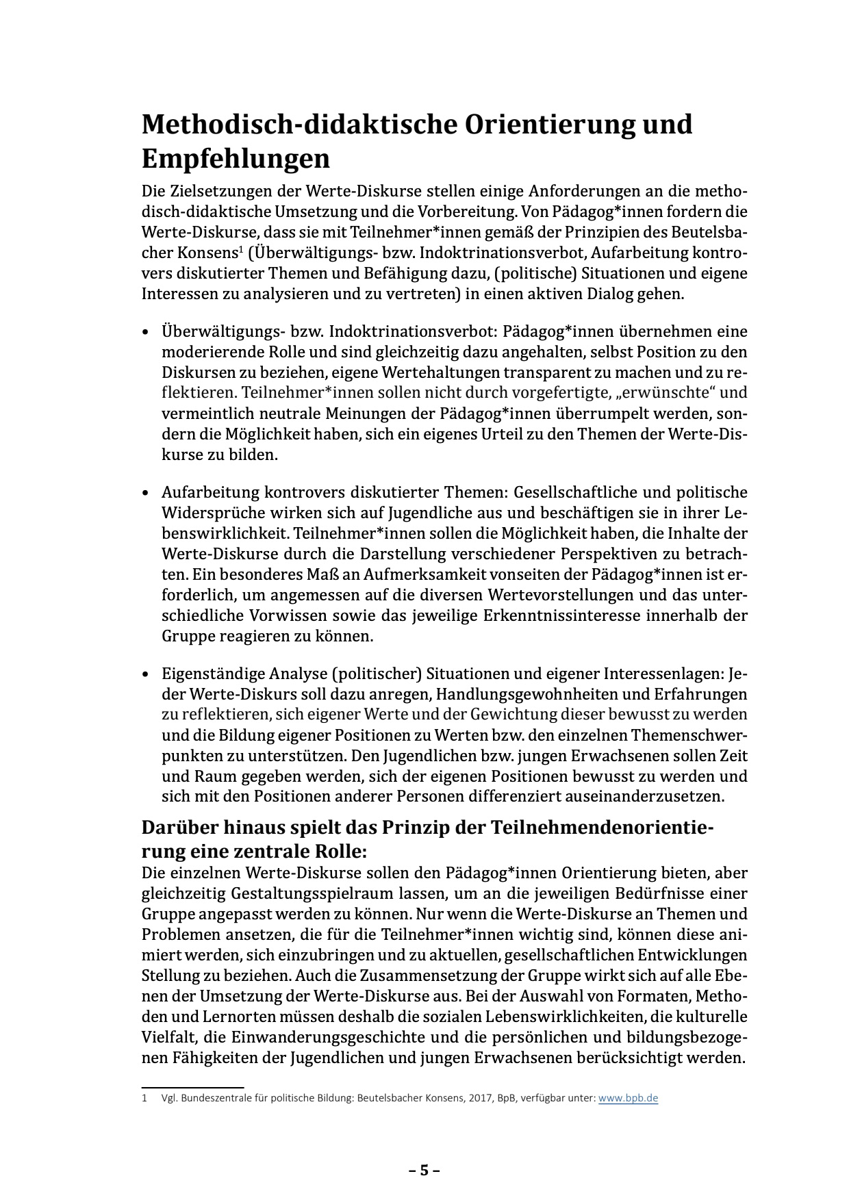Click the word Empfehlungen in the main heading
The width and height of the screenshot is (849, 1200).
click(236, 159)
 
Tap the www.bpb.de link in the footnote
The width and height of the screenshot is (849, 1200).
click(628, 1098)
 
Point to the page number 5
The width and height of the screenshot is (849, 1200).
click(424, 1170)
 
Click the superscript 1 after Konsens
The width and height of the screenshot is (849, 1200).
click(240, 249)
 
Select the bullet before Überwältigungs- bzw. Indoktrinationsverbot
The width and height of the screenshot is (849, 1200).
click(145, 333)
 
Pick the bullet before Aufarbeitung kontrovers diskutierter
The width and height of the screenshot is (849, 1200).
click(145, 494)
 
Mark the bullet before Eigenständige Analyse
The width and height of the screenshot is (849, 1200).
click(145, 675)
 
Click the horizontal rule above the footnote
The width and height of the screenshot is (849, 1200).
click(192, 1086)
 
